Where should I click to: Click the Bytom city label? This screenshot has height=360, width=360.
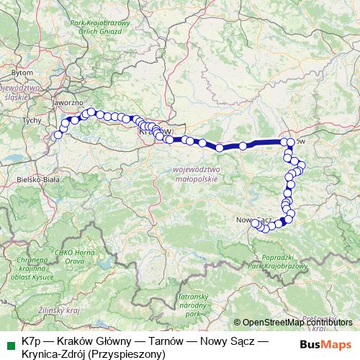pos(23,73)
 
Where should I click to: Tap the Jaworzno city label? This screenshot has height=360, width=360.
pos(66,103)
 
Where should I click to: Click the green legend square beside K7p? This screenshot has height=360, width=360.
pos(9,343)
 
